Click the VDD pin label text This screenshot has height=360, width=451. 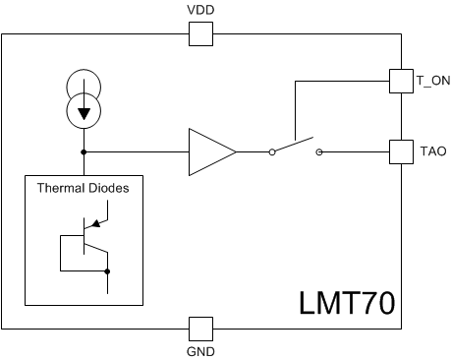pos(200,10)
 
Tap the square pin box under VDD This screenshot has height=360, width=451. pos(200,34)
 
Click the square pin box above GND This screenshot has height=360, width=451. pos(200,328)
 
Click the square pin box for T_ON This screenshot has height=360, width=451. pos(401,79)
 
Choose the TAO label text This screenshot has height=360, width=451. pos(433,152)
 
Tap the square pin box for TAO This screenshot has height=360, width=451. pos(401,152)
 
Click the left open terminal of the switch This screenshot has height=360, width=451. pos(270,152)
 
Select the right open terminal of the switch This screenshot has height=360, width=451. pos(319,152)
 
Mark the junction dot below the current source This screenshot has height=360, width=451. pos(84,152)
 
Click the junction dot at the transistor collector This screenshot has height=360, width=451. pos(107,270)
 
